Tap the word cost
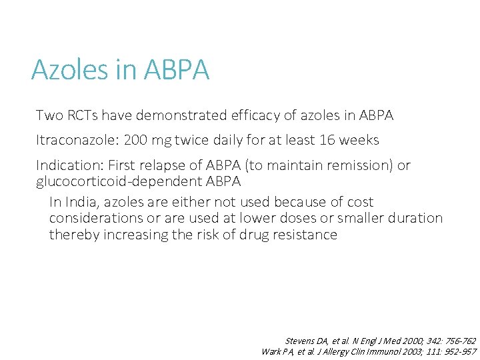click(x=359, y=202)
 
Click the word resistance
click(x=303, y=234)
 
